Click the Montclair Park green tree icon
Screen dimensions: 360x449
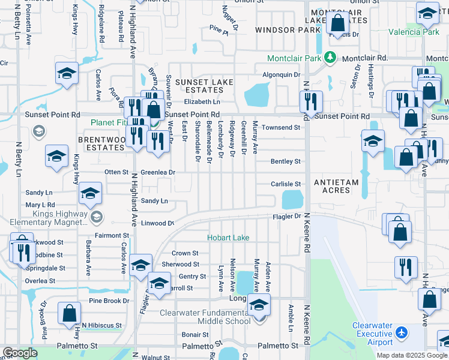330,58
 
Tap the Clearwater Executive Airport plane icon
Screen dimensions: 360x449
402,332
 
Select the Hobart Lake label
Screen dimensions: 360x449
228,238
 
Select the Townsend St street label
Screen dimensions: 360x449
280,128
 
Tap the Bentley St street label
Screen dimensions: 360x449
285,161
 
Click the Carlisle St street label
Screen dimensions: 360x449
285,184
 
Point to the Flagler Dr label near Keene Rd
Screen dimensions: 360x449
286,216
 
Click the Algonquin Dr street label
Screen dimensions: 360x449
281,74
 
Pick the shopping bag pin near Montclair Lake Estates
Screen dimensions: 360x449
338,23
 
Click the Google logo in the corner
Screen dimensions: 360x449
20,353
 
